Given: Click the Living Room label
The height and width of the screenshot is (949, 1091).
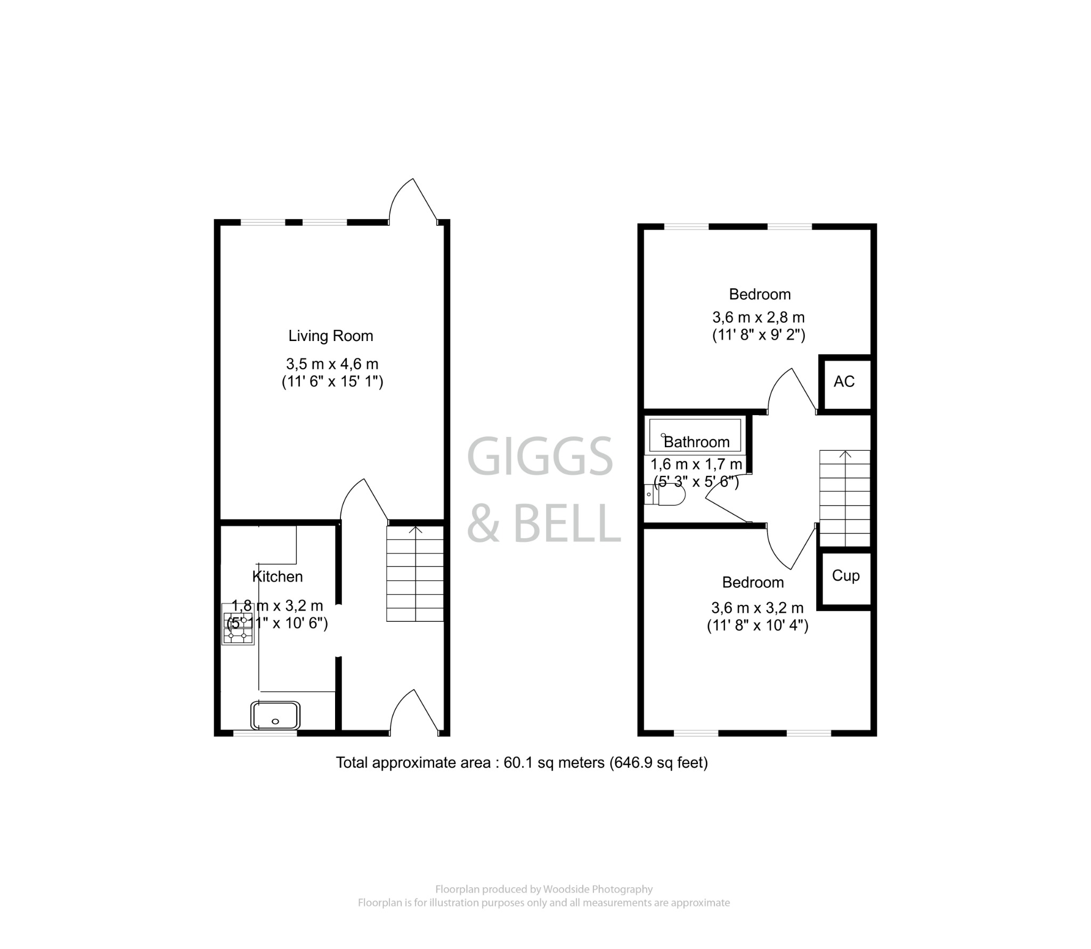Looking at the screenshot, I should (330, 336).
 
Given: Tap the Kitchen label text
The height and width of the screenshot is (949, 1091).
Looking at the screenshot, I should (277, 577).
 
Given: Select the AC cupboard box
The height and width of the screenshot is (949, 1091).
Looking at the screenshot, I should (844, 382).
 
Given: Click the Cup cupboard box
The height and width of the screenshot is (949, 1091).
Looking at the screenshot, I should (845, 576).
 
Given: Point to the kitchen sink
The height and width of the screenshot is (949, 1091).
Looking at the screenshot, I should (275, 715).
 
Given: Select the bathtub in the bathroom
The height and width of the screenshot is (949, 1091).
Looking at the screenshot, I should (694, 436).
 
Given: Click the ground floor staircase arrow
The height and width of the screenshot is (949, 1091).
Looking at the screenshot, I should (416, 530).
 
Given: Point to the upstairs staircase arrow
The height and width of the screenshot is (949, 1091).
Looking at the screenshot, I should (845, 454).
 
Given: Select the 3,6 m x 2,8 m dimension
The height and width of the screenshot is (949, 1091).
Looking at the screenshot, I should (758, 318).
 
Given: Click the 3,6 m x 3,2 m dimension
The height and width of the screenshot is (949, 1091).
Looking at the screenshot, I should (757, 607).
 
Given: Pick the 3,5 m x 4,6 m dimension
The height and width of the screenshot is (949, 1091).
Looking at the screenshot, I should (332, 364).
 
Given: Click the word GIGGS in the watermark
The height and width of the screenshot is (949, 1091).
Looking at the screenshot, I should (540, 457).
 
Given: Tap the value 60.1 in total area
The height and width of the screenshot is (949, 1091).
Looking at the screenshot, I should (517, 763).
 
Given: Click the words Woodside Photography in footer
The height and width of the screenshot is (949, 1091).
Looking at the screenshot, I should (597, 889).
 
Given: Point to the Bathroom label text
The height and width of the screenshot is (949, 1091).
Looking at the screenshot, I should (696, 442).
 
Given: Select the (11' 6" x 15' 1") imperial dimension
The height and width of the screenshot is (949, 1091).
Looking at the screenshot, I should (332, 382).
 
